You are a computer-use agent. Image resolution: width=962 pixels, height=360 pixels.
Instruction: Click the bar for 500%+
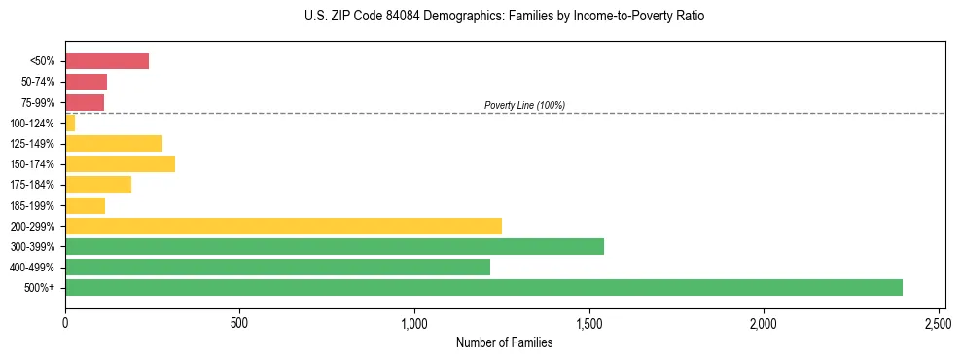(x=483, y=287)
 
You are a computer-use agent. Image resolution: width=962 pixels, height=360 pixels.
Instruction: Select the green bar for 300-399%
(x=335, y=246)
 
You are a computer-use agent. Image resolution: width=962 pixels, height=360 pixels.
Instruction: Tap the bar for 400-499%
(x=277, y=267)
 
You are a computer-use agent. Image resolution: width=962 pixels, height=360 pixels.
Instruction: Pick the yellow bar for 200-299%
(x=283, y=226)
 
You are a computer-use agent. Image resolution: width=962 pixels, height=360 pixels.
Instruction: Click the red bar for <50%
(x=107, y=61)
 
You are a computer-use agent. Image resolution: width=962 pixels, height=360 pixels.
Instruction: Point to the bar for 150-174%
(x=120, y=163)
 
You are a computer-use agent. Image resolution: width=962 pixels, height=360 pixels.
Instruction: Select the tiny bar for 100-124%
(x=70, y=123)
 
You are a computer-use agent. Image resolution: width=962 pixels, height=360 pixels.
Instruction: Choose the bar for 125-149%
(x=114, y=143)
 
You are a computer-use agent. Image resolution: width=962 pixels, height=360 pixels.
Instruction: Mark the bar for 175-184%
(x=98, y=184)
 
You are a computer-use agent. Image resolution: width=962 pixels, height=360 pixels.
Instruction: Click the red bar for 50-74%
(x=86, y=82)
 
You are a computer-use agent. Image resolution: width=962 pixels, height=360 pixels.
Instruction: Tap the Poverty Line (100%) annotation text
(x=524, y=105)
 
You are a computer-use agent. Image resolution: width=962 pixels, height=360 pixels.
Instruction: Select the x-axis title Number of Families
(x=505, y=342)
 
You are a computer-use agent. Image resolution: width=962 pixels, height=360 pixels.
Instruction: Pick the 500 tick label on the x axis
(x=240, y=322)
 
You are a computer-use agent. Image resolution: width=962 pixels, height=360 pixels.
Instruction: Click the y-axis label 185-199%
(x=37, y=205)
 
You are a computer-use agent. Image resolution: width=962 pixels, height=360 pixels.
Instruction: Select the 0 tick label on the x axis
(x=65, y=322)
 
